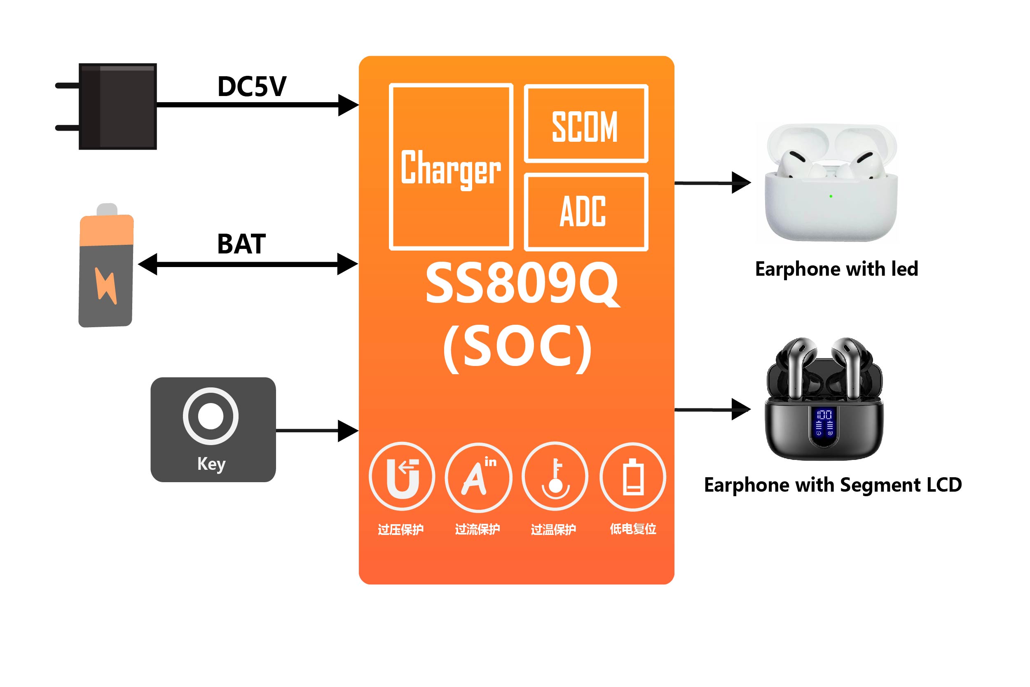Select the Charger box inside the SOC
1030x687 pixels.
(451, 166)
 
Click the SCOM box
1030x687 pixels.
(585, 124)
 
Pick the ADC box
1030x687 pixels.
(585, 212)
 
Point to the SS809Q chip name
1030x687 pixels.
(522, 284)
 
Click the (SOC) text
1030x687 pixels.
(517, 348)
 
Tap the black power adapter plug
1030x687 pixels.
(117, 106)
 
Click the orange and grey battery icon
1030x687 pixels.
(106, 267)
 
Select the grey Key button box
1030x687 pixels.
(213, 429)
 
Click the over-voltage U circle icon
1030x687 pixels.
(402, 476)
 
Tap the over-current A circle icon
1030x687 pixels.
(478, 477)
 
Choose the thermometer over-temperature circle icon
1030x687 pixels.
(555, 476)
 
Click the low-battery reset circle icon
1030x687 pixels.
(632, 477)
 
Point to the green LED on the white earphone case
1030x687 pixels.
(831, 196)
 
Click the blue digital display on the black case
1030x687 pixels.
(823, 423)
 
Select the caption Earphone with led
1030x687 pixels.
(836, 269)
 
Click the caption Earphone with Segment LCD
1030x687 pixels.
(833, 485)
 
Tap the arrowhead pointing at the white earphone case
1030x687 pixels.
(741, 183)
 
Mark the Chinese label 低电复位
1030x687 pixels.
(633, 529)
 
